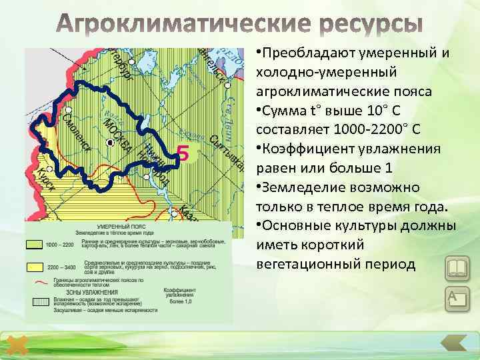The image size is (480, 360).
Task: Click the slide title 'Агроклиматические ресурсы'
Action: tap(239, 25)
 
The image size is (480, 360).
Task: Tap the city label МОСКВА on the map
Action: tap(119, 137)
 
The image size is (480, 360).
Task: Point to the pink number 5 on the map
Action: tap(184, 154)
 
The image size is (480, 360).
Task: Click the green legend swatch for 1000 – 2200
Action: tap(35, 245)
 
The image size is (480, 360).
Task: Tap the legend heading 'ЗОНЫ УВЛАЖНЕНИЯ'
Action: tap(92, 292)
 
